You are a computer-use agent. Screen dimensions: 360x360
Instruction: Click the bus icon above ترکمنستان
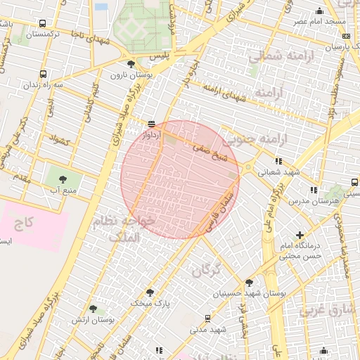tap(44, 23)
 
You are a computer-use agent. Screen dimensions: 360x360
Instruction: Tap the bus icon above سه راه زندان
tap(44, 73)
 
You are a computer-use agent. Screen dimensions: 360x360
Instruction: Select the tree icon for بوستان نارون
tap(131, 64)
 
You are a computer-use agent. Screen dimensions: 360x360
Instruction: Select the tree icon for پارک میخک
tap(150, 292)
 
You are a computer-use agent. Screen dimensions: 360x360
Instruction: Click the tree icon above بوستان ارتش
tap(93, 309)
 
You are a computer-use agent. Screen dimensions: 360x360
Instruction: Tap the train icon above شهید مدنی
tap(207, 319)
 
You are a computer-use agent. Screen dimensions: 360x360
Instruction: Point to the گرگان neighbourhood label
tap(205, 269)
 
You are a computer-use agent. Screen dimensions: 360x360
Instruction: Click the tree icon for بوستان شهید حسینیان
tap(249, 283)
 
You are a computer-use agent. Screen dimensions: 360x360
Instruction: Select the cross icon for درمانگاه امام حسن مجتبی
tap(300, 235)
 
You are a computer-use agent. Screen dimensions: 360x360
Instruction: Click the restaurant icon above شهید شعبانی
tap(278, 161)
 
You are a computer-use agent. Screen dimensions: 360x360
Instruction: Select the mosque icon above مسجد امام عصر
tap(320, 11)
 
